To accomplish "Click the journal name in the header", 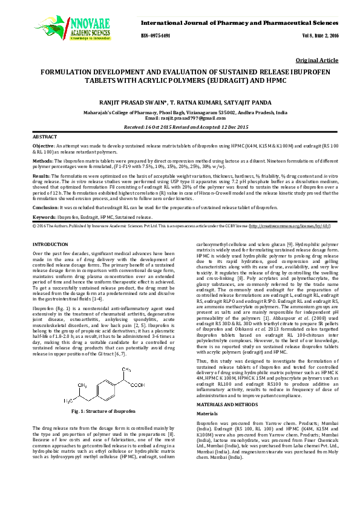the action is tap(240, 22).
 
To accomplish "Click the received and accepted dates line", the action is tap(180, 128).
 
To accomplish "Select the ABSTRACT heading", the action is tap(45, 138).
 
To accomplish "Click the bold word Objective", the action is tap(44, 147).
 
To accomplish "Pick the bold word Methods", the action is tap(43, 162).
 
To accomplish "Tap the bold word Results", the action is tap(42, 177).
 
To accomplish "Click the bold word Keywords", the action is tap(45, 216).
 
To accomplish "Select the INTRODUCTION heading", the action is tap(50, 243).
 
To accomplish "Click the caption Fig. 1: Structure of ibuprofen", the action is tap(103, 410).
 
